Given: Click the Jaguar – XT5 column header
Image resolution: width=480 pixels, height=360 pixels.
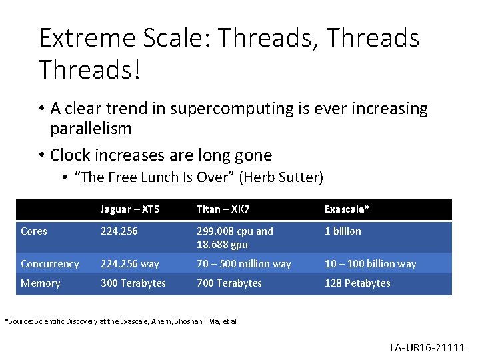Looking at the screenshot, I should (x=130, y=209).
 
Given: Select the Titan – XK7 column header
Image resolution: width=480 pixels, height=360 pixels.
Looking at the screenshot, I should (x=223, y=209).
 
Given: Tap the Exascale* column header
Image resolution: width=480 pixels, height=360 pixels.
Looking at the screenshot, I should (x=347, y=209).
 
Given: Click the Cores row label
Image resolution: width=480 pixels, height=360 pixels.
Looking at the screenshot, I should (x=34, y=231).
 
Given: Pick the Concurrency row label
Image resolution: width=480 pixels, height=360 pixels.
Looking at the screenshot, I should (x=50, y=264).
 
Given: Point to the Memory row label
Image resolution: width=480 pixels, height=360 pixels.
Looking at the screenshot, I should (x=41, y=283).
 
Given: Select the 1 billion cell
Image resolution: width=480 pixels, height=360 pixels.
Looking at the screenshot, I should (x=343, y=231).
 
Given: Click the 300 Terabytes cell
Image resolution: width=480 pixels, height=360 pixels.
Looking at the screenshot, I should (x=133, y=283).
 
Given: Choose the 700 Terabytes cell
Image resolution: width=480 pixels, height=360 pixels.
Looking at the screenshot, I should (x=229, y=283).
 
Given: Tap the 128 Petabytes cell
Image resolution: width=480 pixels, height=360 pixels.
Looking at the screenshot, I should (x=357, y=283).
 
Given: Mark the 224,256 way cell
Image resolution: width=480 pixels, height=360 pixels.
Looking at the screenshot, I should (x=130, y=264).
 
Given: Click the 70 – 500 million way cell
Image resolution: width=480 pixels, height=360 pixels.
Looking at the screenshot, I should (x=243, y=264).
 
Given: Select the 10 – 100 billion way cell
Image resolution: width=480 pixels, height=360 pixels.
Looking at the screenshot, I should (x=370, y=264).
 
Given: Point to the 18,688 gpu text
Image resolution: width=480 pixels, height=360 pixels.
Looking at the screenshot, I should (x=222, y=245).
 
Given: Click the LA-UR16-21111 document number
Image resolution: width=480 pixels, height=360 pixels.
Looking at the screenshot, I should (x=428, y=347).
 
